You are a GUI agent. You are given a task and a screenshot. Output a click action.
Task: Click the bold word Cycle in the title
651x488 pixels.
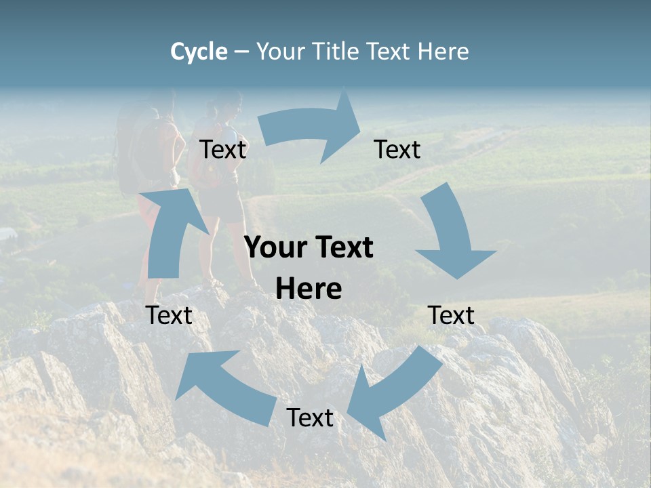pyautogui.click(x=199, y=52)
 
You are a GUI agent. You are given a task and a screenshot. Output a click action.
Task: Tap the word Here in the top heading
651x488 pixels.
pyautogui.click(x=442, y=52)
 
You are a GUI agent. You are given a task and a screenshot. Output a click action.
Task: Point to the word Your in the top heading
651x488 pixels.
pyautogui.click(x=281, y=52)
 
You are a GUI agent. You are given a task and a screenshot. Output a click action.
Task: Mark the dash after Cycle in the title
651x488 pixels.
pyautogui.click(x=241, y=52)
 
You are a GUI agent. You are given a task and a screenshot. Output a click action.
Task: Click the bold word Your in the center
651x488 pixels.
pyautogui.click(x=275, y=248)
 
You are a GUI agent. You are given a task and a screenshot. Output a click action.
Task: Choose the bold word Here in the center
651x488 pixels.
pyautogui.click(x=309, y=289)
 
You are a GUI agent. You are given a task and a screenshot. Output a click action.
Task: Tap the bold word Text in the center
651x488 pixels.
pyautogui.click(x=343, y=248)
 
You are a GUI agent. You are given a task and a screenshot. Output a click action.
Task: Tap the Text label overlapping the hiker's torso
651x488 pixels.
pyautogui.click(x=222, y=150)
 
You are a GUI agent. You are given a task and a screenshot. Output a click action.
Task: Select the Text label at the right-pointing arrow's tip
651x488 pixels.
pyautogui.click(x=397, y=150)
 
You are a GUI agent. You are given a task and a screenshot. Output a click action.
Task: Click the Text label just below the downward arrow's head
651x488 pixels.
pyautogui.click(x=452, y=316)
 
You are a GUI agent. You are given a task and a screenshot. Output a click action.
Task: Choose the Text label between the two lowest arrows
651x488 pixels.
pyautogui.click(x=310, y=418)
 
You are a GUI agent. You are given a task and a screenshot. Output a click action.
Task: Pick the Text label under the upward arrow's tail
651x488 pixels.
pyautogui.click(x=169, y=316)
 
